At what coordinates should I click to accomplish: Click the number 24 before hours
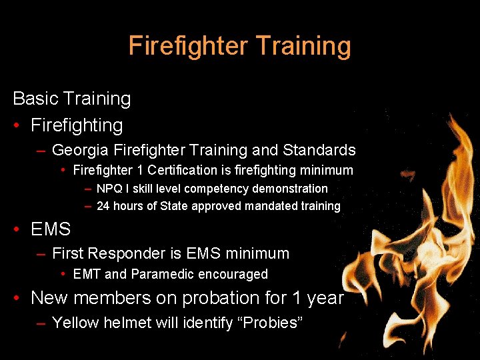103,206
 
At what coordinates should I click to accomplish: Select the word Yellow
75,323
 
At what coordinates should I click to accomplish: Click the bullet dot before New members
19,298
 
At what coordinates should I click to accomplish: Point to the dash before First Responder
41,254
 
